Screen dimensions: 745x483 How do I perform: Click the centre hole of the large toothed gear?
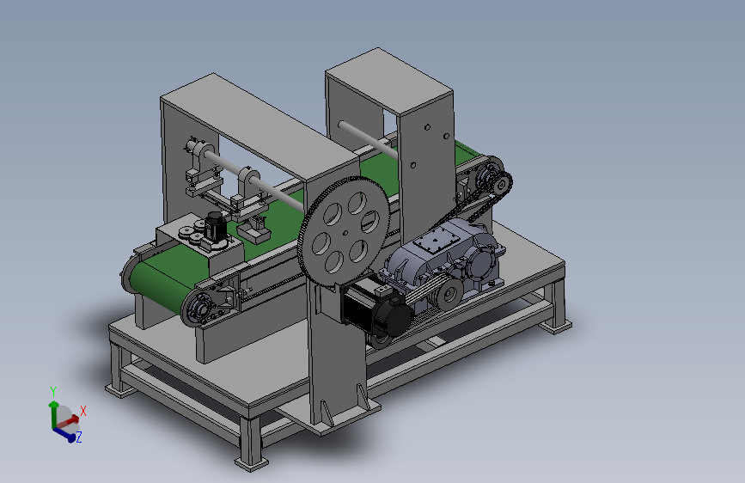346,232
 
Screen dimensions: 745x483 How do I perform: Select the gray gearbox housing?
444,259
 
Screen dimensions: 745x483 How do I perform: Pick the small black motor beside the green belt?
215,226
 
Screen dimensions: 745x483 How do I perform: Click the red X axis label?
83,411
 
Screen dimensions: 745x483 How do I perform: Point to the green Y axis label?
53,392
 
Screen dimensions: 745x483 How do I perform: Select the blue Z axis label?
79,437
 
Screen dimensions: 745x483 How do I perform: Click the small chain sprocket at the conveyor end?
501,184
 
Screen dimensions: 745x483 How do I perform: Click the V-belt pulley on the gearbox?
448,295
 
